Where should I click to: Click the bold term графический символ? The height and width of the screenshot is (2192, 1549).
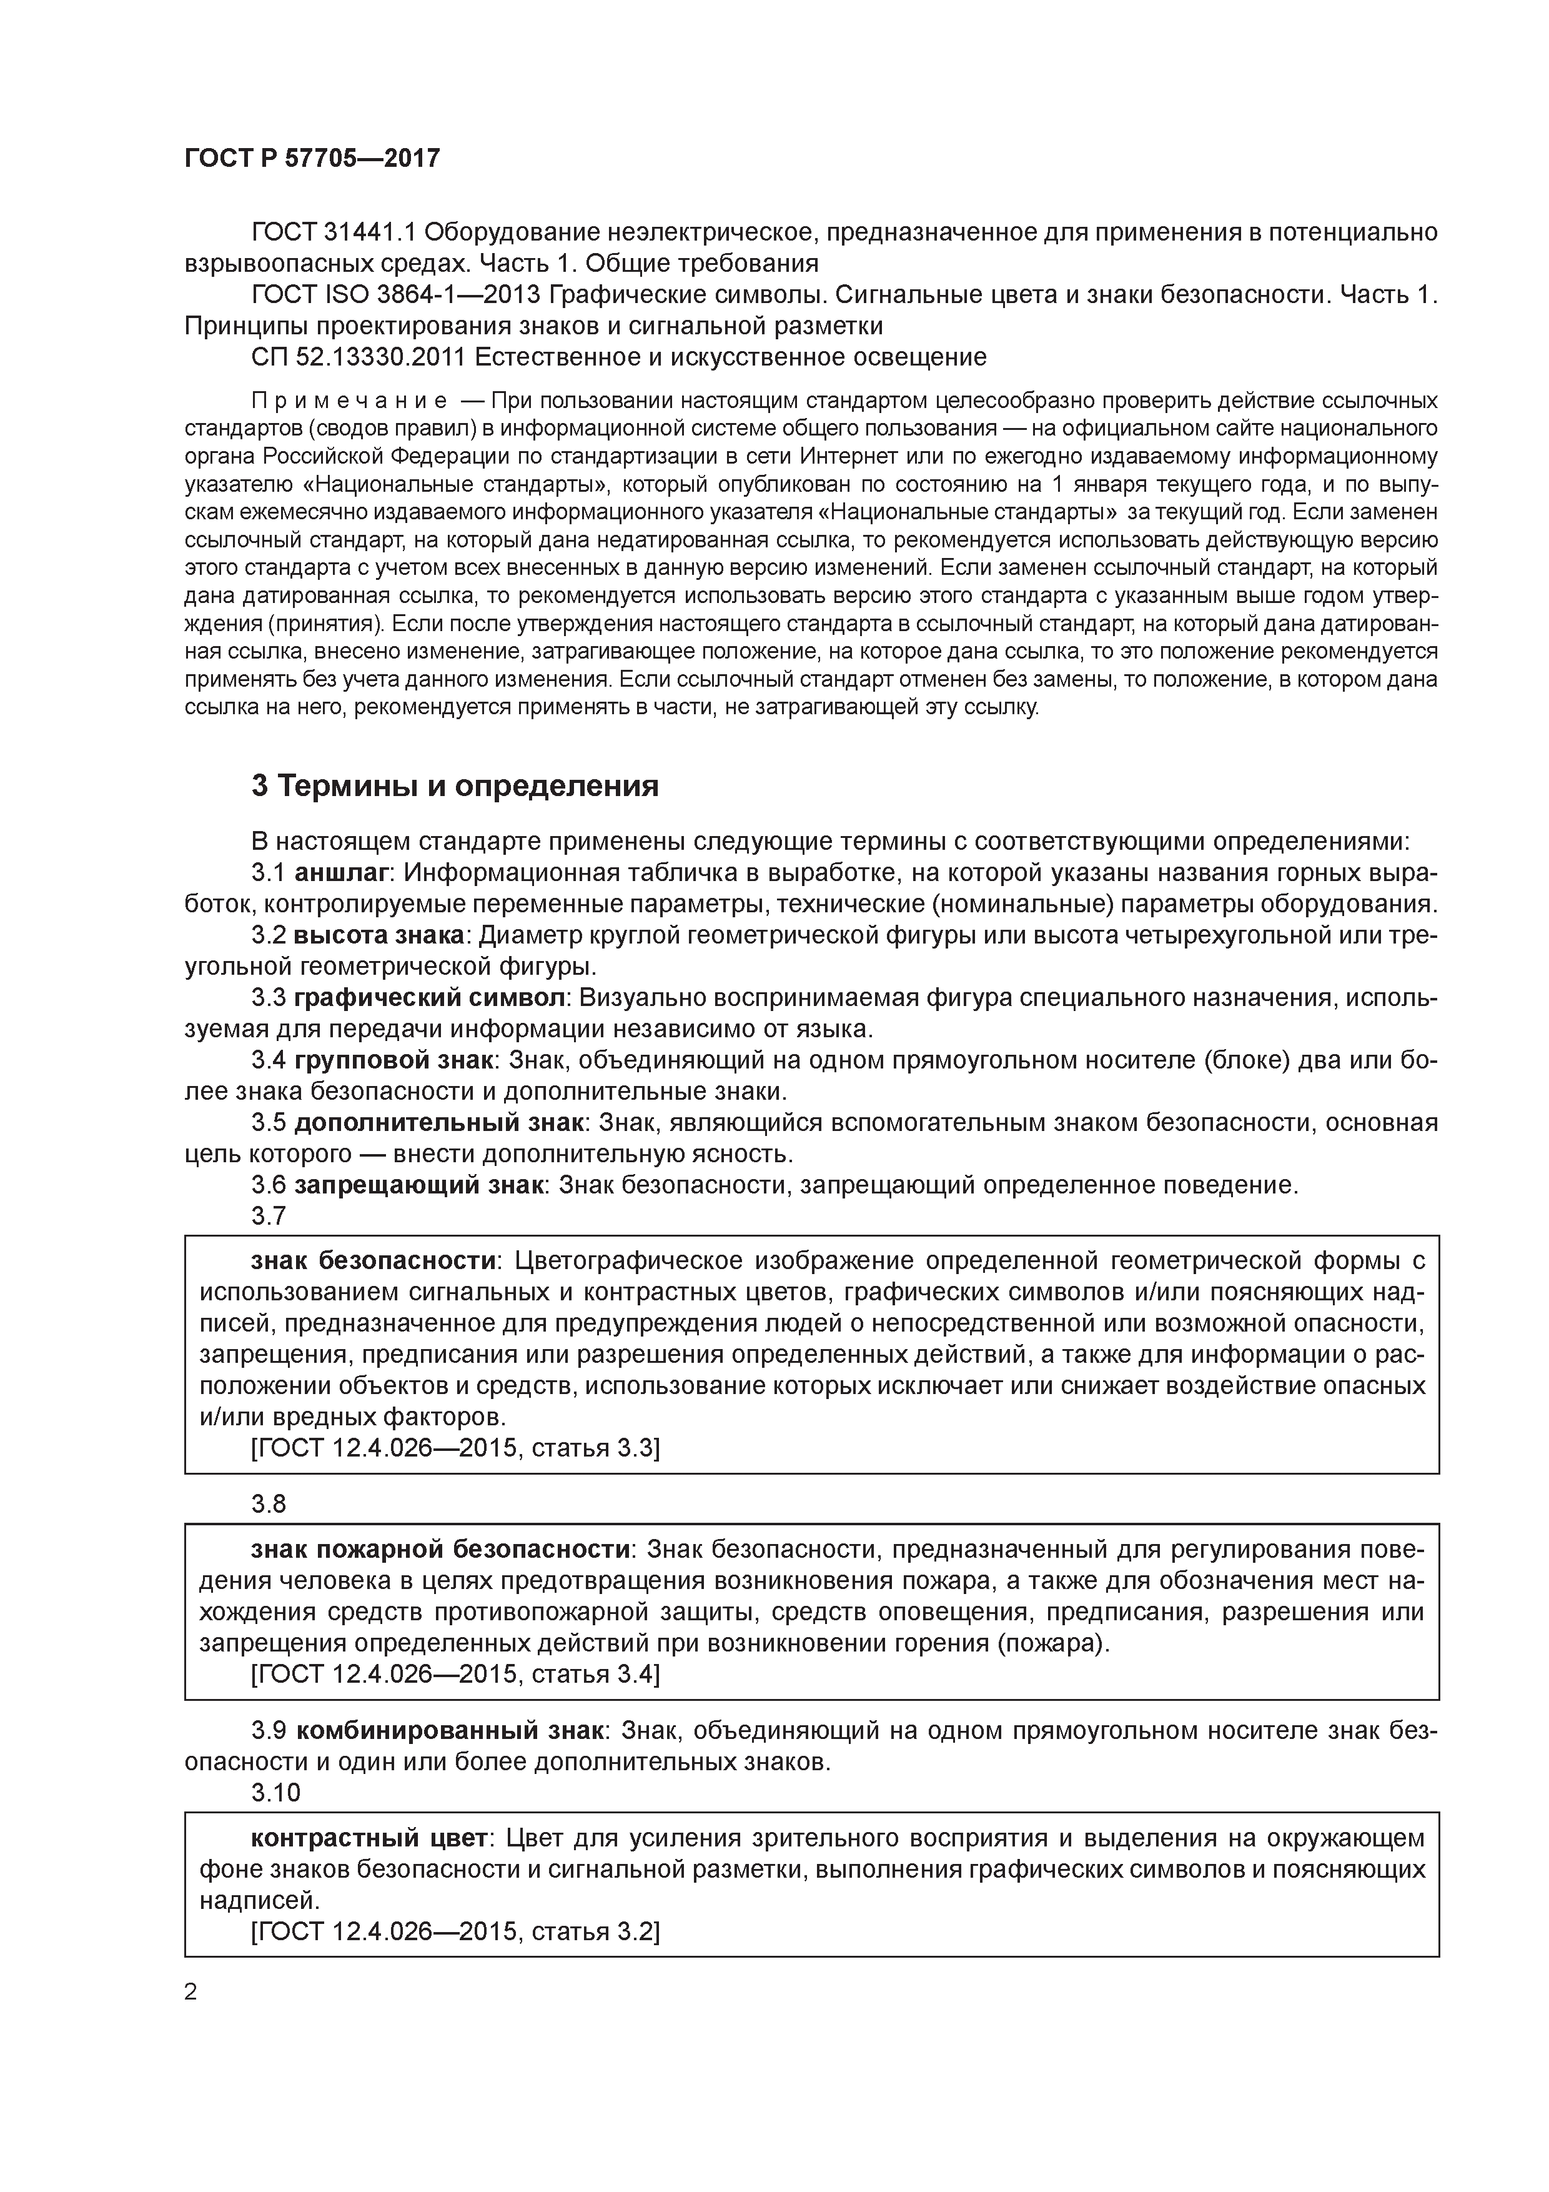[430, 998]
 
